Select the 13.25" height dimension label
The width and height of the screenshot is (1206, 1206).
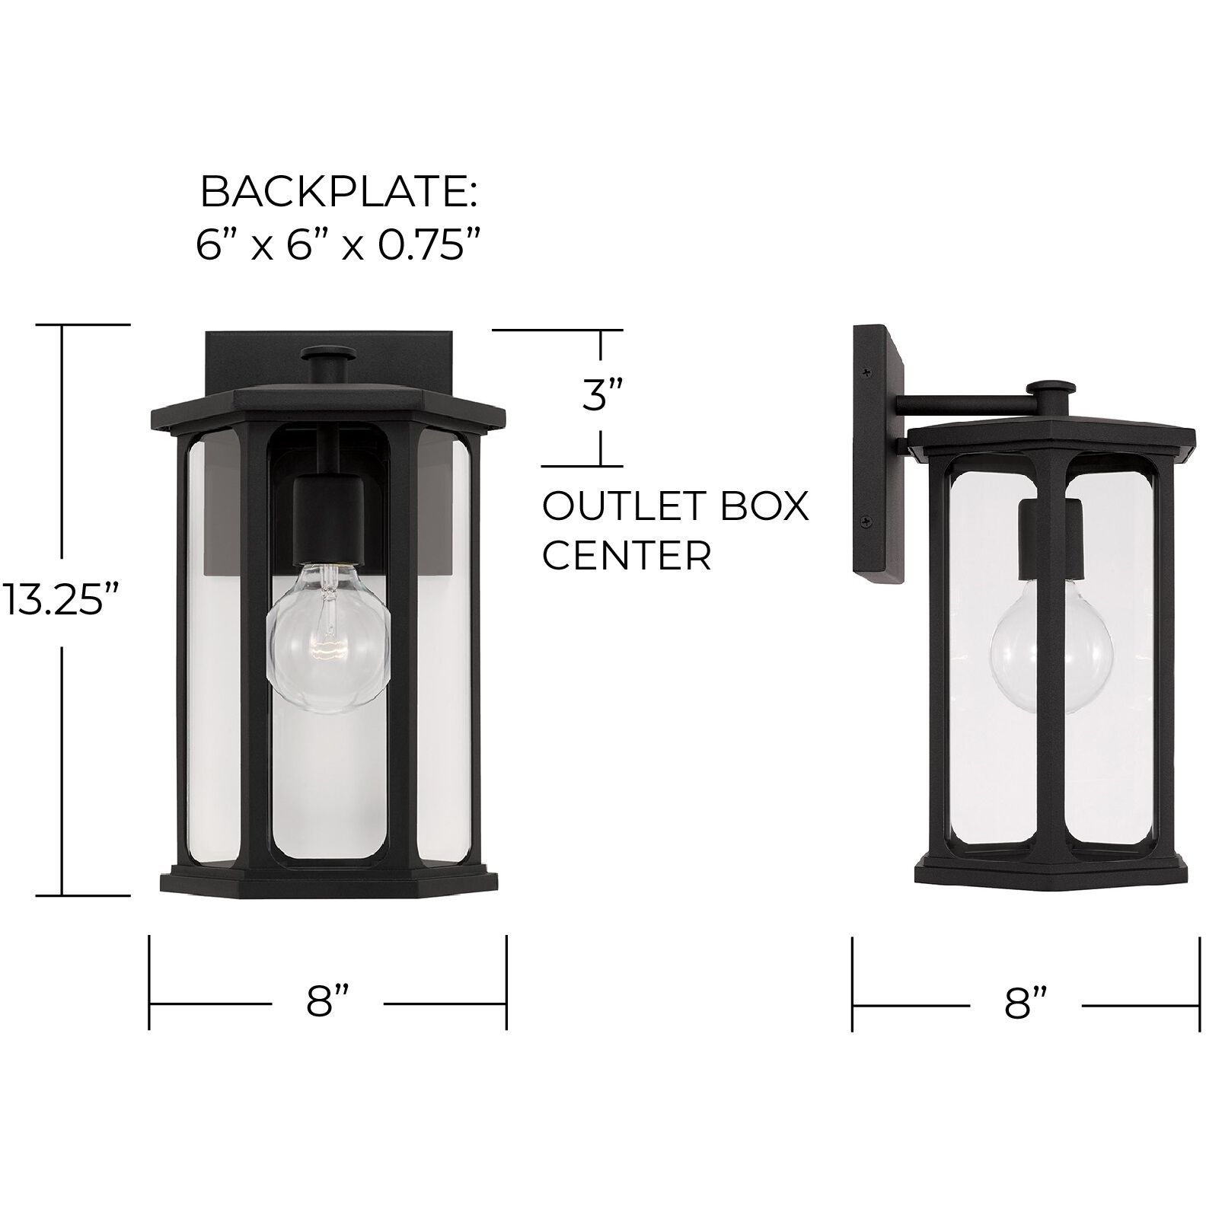coord(61,598)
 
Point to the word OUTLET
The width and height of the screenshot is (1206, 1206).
coord(609,507)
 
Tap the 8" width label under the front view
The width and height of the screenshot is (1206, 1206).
coord(328,1003)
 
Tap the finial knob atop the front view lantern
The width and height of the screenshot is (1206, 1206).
coord(328,356)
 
